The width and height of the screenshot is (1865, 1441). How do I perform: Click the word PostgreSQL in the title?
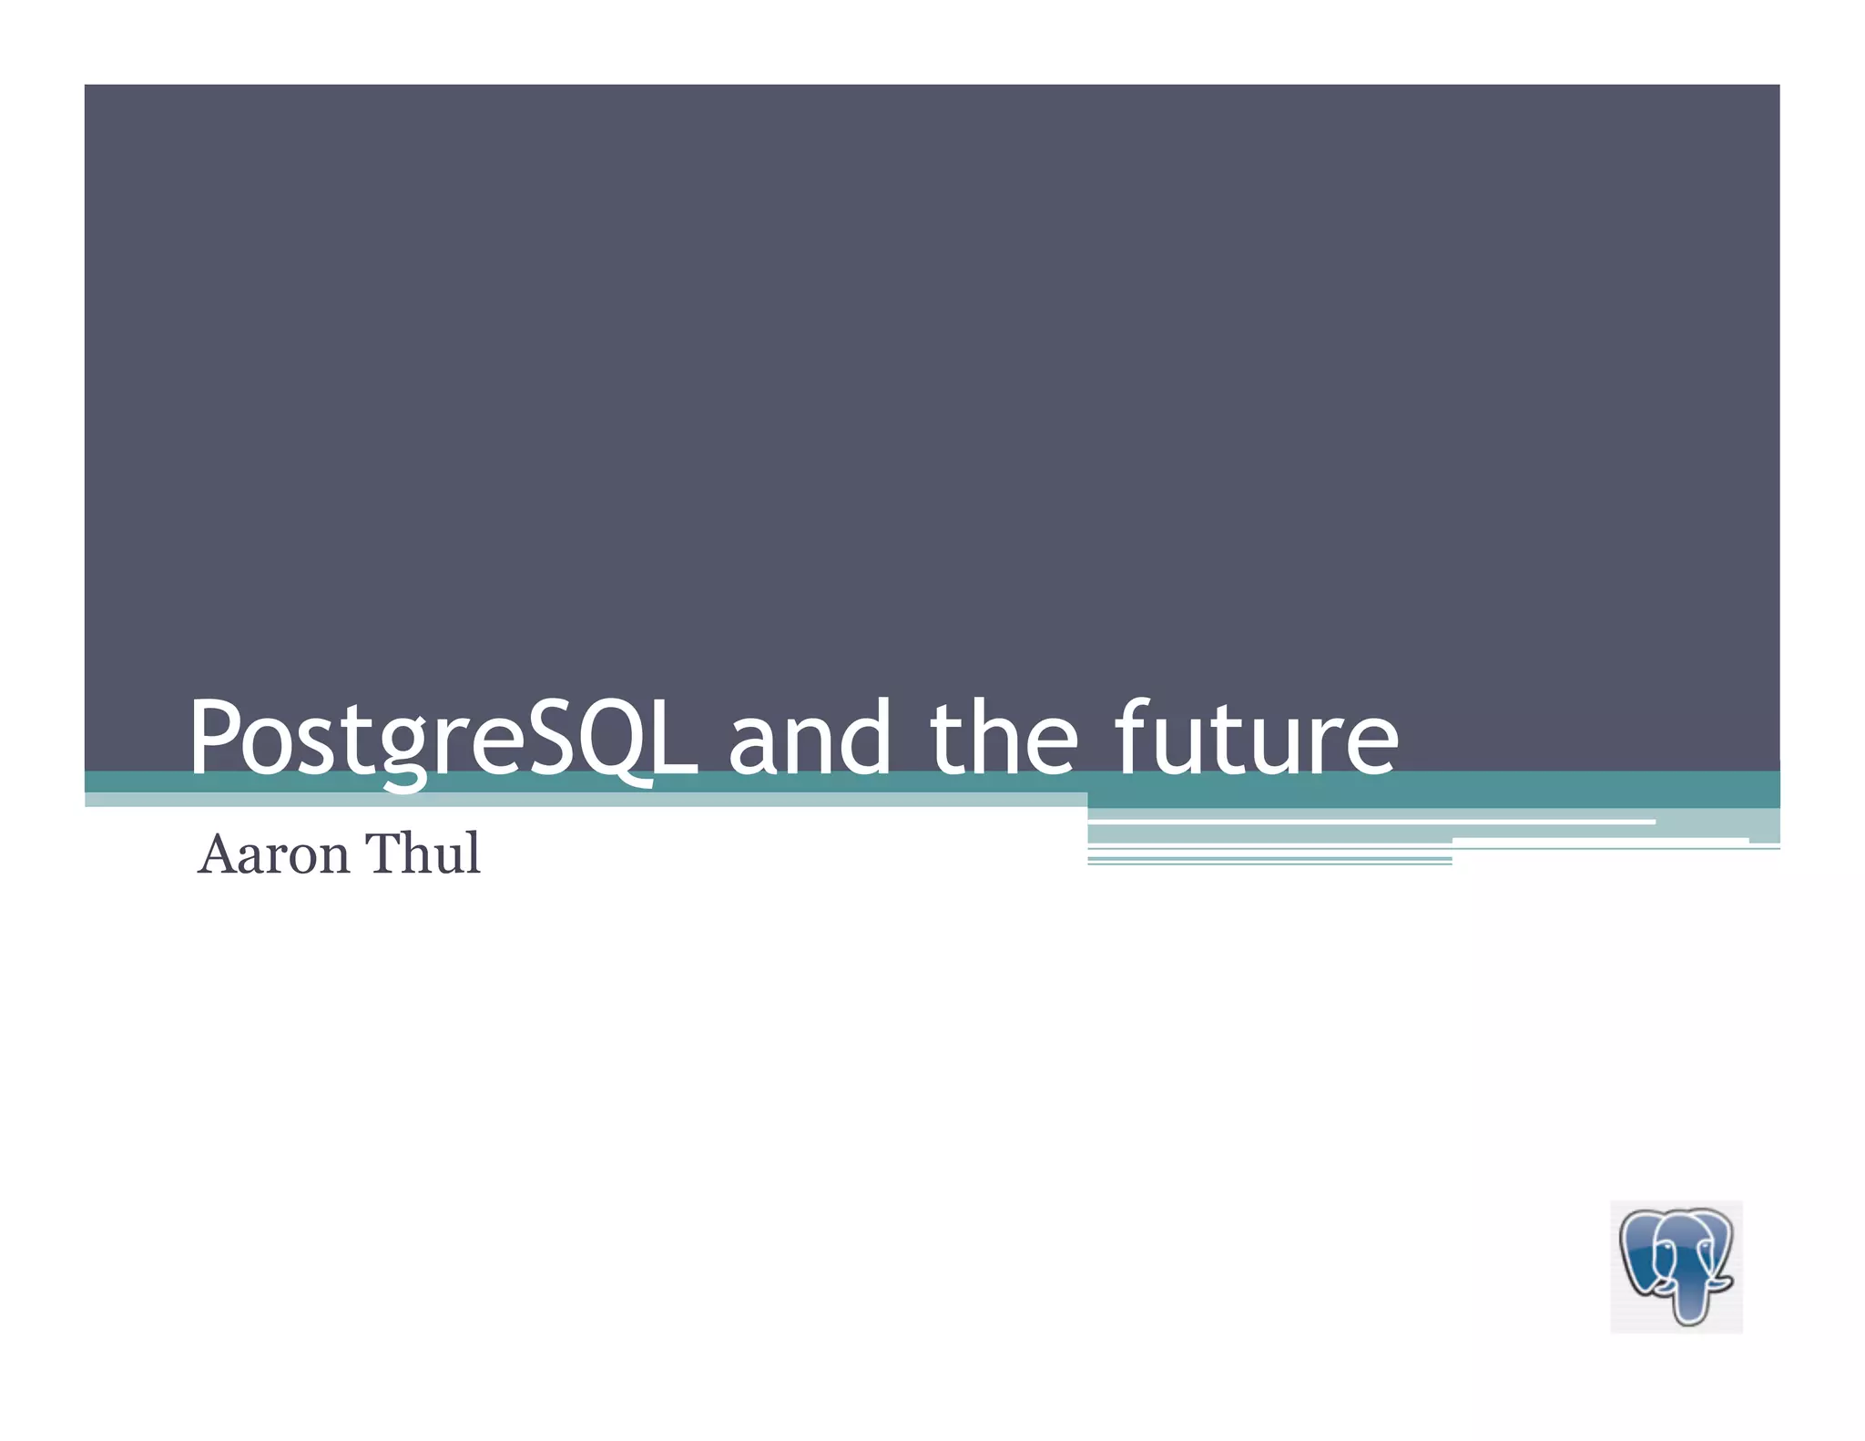444,738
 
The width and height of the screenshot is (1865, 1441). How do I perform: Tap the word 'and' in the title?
809,738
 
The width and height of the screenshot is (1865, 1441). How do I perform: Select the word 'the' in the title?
1004,738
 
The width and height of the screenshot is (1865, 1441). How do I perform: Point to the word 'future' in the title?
1257,738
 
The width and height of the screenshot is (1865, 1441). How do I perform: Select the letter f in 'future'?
1134,736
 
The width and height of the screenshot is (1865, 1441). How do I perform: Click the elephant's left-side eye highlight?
1667,1246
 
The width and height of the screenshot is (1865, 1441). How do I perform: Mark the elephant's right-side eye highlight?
1705,1245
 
